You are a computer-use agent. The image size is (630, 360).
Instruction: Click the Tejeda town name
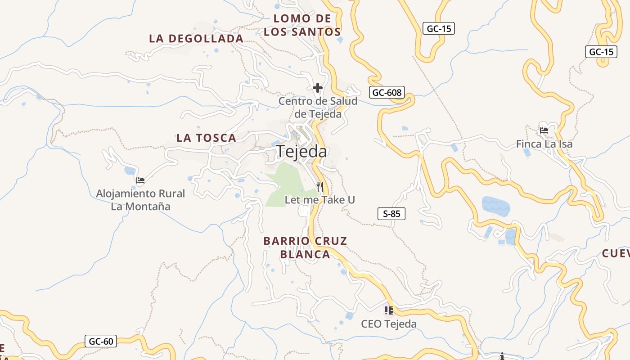click(x=301, y=152)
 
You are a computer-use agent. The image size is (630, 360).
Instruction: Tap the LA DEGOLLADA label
click(x=196, y=39)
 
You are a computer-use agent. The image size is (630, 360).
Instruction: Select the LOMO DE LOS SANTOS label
click(x=302, y=25)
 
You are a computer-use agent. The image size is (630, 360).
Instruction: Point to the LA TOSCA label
click(x=206, y=138)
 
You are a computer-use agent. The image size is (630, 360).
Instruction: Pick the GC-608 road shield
click(x=387, y=93)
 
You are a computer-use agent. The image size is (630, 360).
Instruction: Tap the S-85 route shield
click(x=391, y=214)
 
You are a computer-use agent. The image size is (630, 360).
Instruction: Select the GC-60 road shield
click(x=101, y=341)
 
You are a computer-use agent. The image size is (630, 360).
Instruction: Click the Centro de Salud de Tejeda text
click(x=318, y=108)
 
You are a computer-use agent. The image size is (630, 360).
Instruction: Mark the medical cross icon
click(x=318, y=88)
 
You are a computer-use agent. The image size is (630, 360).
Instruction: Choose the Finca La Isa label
click(x=544, y=144)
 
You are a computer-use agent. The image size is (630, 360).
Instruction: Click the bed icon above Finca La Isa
click(x=544, y=131)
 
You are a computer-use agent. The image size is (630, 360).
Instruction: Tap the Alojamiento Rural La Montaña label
click(x=140, y=200)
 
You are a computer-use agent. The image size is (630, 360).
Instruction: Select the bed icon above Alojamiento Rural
click(x=140, y=181)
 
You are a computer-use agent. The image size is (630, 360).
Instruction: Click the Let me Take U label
click(x=320, y=199)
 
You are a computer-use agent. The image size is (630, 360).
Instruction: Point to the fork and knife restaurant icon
click(x=320, y=186)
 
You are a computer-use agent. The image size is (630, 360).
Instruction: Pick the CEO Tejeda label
click(x=389, y=324)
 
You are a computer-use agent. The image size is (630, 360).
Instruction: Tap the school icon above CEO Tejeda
click(x=389, y=310)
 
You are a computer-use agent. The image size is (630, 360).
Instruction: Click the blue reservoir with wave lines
click(x=496, y=207)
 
